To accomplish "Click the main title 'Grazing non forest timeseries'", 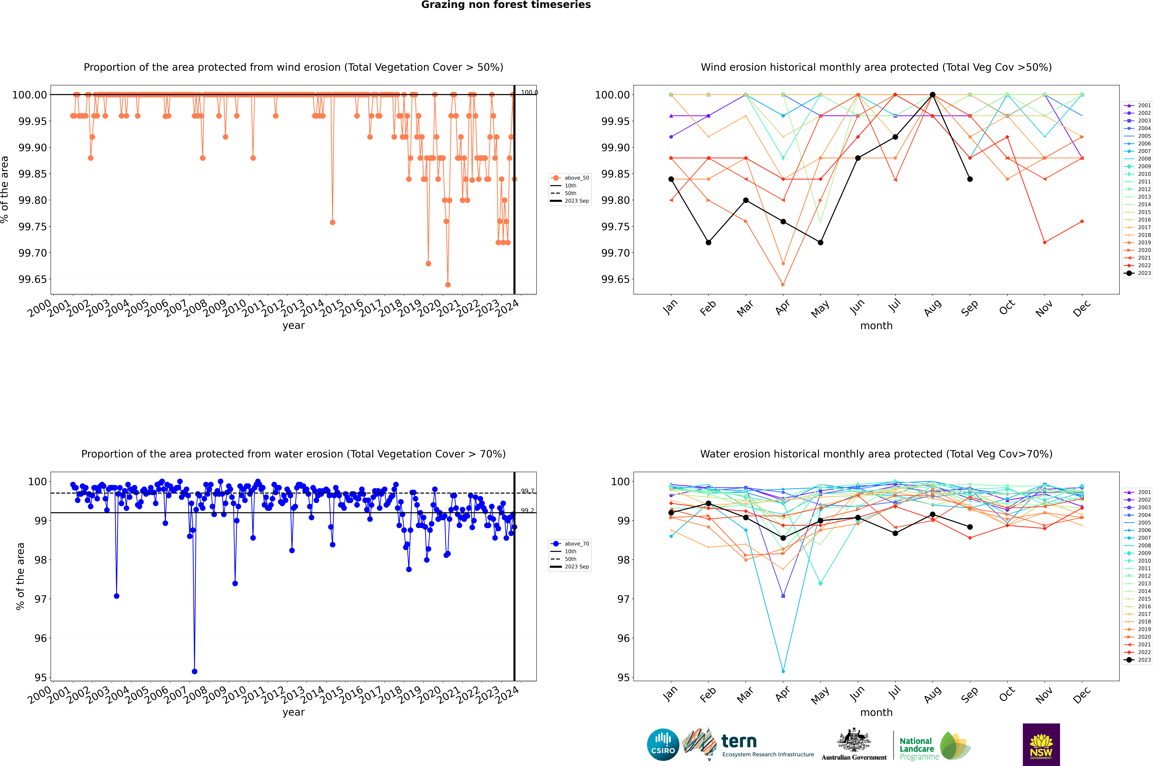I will click(x=506, y=5).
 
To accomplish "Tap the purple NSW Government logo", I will click(x=1041, y=745).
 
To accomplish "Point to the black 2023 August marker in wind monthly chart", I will click(x=933, y=95).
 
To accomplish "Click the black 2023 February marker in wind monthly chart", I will click(x=708, y=242).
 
